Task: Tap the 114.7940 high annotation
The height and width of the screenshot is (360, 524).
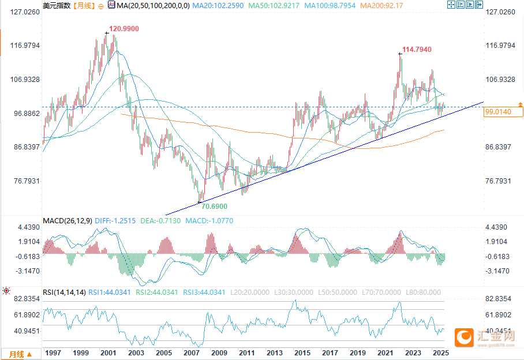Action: coord(417,50)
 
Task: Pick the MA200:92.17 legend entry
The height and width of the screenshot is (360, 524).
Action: coord(381,6)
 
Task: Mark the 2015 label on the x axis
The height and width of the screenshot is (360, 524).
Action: coord(302,352)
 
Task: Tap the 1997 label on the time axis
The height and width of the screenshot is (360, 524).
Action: coord(53,352)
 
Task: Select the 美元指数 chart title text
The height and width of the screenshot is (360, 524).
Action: coord(57,6)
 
